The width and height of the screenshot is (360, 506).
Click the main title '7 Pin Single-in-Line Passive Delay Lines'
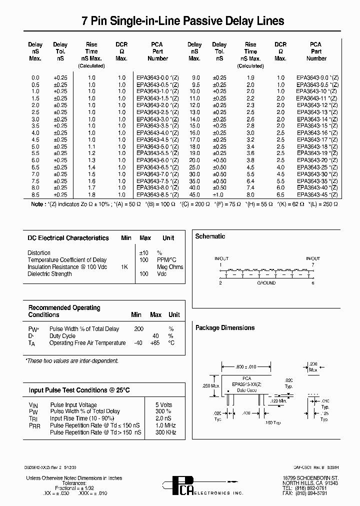183,21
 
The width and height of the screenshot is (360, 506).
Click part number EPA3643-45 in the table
317,194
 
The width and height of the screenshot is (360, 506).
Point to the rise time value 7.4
250,187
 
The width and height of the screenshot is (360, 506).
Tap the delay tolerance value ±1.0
219,194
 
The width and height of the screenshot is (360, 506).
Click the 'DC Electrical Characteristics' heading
68,238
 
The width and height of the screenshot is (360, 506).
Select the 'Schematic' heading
210,236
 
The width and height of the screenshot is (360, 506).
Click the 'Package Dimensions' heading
224,328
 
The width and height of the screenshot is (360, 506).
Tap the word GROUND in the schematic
266,283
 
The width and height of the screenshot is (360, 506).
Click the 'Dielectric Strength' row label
49,274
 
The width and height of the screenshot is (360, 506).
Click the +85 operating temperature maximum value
155,343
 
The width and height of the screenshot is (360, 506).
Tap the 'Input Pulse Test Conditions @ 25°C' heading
79,390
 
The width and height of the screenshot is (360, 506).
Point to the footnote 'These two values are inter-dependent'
72,360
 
